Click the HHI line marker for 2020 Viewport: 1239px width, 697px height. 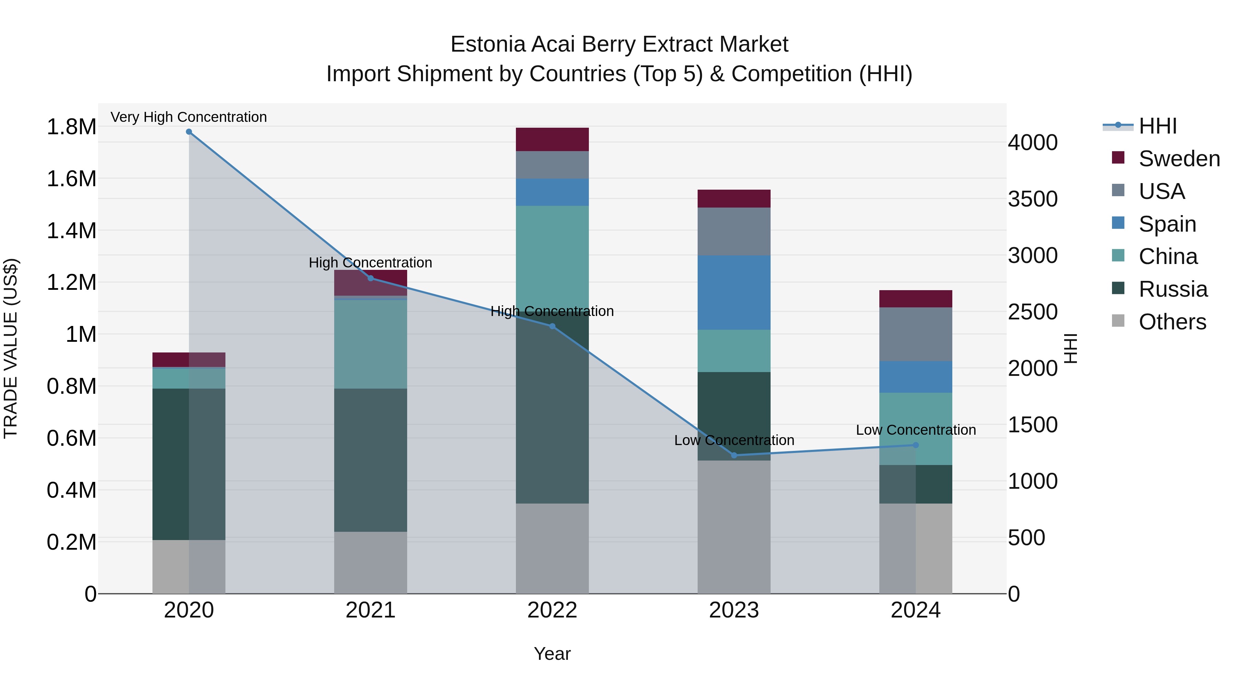click(189, 132)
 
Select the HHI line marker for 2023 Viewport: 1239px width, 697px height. click(734, 455)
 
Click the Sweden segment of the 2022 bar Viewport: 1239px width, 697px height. click(552, 139)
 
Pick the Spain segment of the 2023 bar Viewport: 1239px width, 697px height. click(734, 293)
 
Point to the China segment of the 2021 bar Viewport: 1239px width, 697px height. click(370, 344)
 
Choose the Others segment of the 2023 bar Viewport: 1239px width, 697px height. click(734, 527)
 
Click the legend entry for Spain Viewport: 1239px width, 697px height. click(1167, 224)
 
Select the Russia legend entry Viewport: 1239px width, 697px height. click(1173, 289)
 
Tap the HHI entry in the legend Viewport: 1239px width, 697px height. click(1158, 126)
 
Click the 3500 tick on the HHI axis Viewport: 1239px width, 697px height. click(1032, 199)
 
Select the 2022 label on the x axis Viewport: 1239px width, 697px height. click(552, 610)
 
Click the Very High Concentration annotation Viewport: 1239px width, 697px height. click(189, 117)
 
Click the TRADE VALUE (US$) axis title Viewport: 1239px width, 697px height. click(11, 348)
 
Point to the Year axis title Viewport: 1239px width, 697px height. click(552, 654)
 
